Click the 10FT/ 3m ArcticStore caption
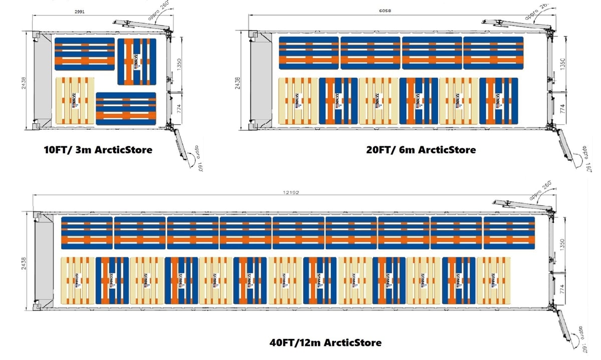pos(98,150)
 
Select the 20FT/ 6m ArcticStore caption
pos(421,149)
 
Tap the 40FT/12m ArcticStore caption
pos(325,343)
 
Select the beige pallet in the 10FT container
pos(75,101)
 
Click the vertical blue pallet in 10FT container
pos(136,62)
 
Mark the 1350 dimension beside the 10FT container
pos(178,64)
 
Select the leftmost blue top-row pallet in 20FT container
pos(309,53)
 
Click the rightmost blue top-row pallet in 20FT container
pos(493,53)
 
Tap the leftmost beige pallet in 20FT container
pos(298,101)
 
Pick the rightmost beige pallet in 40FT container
pos(493,280)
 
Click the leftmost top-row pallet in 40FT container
pos(87,233)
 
